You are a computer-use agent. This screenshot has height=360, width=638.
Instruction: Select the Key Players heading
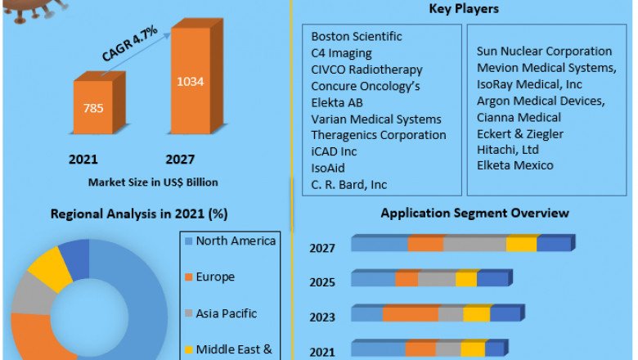pos(464,9)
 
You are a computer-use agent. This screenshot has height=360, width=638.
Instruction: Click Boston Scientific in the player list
pos(357,37)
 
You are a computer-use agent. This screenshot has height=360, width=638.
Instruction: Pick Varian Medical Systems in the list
pos(376,119)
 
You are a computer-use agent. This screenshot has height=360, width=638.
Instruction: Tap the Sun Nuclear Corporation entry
pos(544,52)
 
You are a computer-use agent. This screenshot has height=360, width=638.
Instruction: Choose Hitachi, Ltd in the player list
pos(508,150)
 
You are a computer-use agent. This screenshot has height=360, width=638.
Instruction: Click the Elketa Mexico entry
pos(515,166)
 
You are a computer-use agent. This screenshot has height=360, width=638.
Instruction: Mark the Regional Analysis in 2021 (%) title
pos(139,214)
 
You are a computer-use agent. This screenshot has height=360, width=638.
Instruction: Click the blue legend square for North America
pos(189,241)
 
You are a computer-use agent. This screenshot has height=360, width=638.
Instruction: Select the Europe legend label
pos(215,277)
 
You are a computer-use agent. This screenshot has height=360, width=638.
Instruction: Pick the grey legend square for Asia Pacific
pos(189,314)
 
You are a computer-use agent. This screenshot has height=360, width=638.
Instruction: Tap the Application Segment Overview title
pos(474,214)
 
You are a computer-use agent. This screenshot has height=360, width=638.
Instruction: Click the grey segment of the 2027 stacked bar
pos(474,244)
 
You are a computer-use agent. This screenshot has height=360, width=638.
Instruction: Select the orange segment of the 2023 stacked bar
pos(410,314)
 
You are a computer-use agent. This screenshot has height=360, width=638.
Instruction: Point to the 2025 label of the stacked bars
pos(321,282)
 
